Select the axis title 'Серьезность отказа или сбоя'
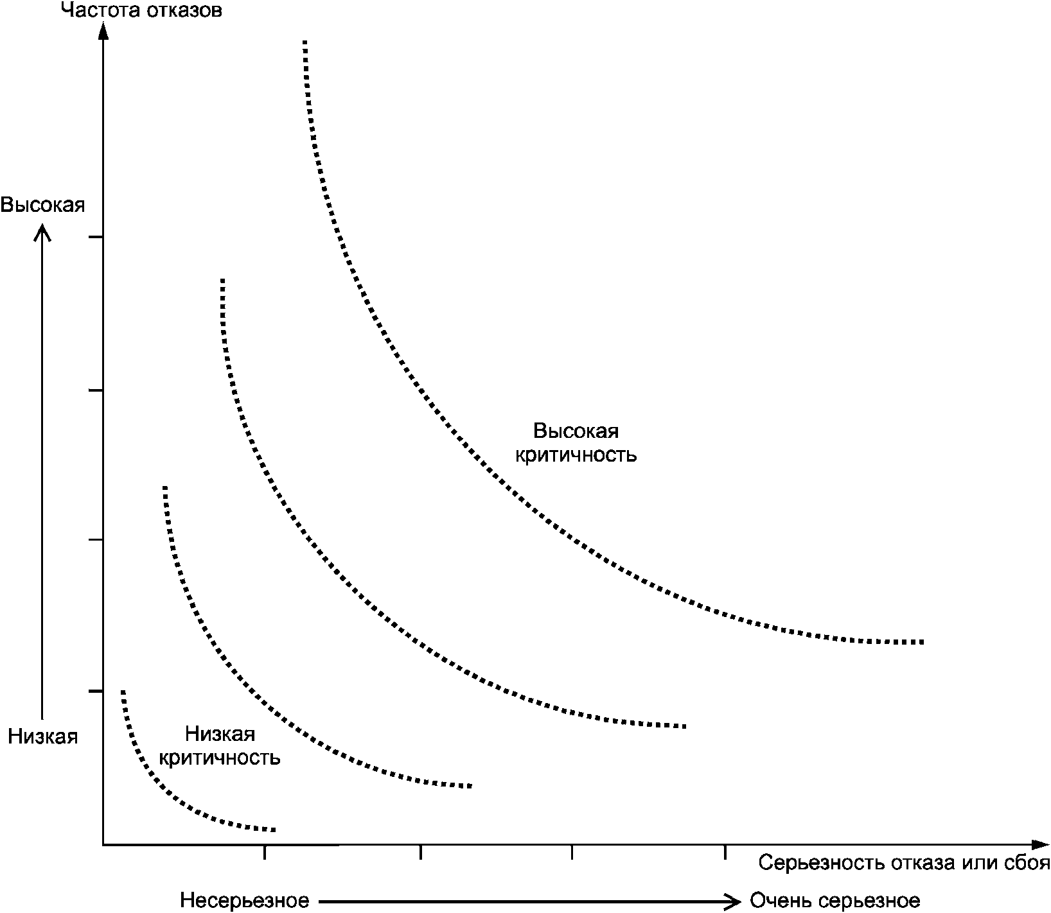click(904, 863)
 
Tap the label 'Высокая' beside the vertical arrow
click(42, 205)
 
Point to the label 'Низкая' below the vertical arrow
click(42, 736)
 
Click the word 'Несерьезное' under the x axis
click(244, 900)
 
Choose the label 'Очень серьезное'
click(835, 900)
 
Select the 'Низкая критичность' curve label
click(220, 745)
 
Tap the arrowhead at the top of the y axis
click(103, 29)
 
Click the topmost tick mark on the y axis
click(95, 238)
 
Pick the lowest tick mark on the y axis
click(95, 691)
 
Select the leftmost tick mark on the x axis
click(265, 852)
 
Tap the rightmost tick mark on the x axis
click(725, 852)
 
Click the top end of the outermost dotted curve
click(305, 42)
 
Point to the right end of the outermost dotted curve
click(922, 642)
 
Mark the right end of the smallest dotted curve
click(274, 830)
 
